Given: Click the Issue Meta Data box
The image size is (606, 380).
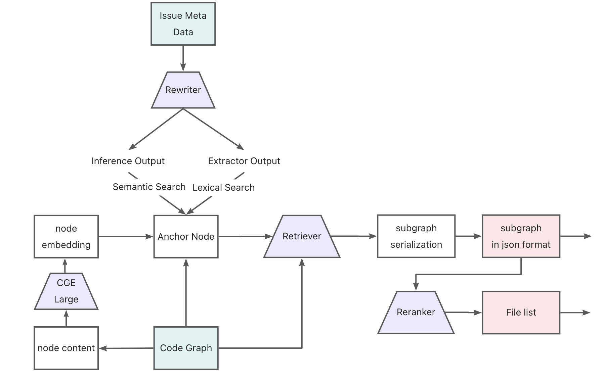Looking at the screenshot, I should pos(183,24).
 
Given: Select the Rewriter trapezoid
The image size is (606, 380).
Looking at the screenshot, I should pos(183,90).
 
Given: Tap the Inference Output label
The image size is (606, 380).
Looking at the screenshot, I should pos(128,161).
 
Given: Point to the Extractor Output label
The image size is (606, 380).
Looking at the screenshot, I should pos(244,161).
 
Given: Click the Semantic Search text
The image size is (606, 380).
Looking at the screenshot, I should pos(149,187).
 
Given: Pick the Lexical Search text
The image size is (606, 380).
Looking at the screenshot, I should pos(223,188).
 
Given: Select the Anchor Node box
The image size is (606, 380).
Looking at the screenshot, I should pos(186,236).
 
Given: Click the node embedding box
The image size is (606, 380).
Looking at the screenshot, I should pos(66,236).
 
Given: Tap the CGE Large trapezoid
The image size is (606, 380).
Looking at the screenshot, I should pos(66,291).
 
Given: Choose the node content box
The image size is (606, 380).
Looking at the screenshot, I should pos(66,348).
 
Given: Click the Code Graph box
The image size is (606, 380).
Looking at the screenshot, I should pos(186,348).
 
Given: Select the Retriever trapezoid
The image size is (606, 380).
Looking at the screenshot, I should pos(302,236).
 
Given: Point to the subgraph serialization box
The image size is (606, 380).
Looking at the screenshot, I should pos(416,236).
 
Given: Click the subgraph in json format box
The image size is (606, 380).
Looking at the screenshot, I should pos(521,236).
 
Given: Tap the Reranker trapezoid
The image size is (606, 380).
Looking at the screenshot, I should pos(416,312).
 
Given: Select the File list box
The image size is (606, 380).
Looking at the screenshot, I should pos(521,313).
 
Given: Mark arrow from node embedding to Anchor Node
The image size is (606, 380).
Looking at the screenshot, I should pos(126,237).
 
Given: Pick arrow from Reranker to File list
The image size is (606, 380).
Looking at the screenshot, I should pos(464,313).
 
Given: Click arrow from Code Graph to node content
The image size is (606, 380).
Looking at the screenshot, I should pos(126,348).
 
